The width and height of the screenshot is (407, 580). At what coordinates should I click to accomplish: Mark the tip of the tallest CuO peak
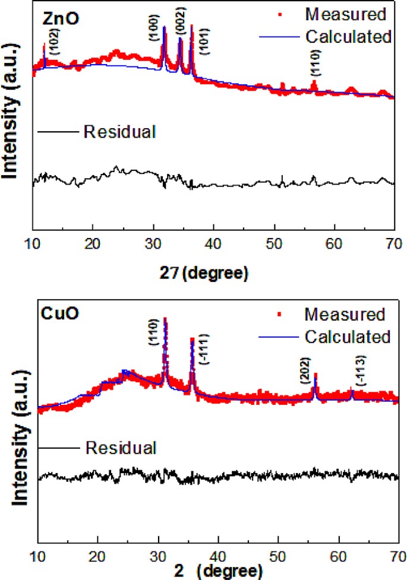(x=165, y=319)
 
